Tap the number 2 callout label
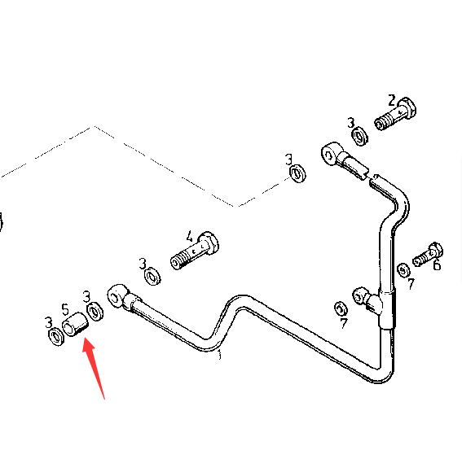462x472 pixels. (391, 101)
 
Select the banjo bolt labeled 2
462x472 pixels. (395, 113)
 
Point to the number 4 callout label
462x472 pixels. (189, 237)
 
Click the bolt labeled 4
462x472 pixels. (195, 251)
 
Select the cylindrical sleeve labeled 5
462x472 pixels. (75, 325)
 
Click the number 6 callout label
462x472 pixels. (437, 265)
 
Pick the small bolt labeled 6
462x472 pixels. (428, 255)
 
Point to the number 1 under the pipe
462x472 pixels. (220, 355)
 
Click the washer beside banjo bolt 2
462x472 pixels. (360, 136)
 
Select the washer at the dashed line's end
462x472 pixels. (297, 173)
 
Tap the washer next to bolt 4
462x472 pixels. (152, 276)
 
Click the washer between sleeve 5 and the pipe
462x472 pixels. (95, 312)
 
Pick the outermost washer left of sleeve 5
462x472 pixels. (56, 337)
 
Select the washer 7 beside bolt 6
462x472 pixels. (403, 270)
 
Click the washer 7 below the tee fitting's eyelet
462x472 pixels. (341, 309)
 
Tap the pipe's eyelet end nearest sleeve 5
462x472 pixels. (116, 295)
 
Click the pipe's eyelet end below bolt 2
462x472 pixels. (331, 154)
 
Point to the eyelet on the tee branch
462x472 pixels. (360, 295)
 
